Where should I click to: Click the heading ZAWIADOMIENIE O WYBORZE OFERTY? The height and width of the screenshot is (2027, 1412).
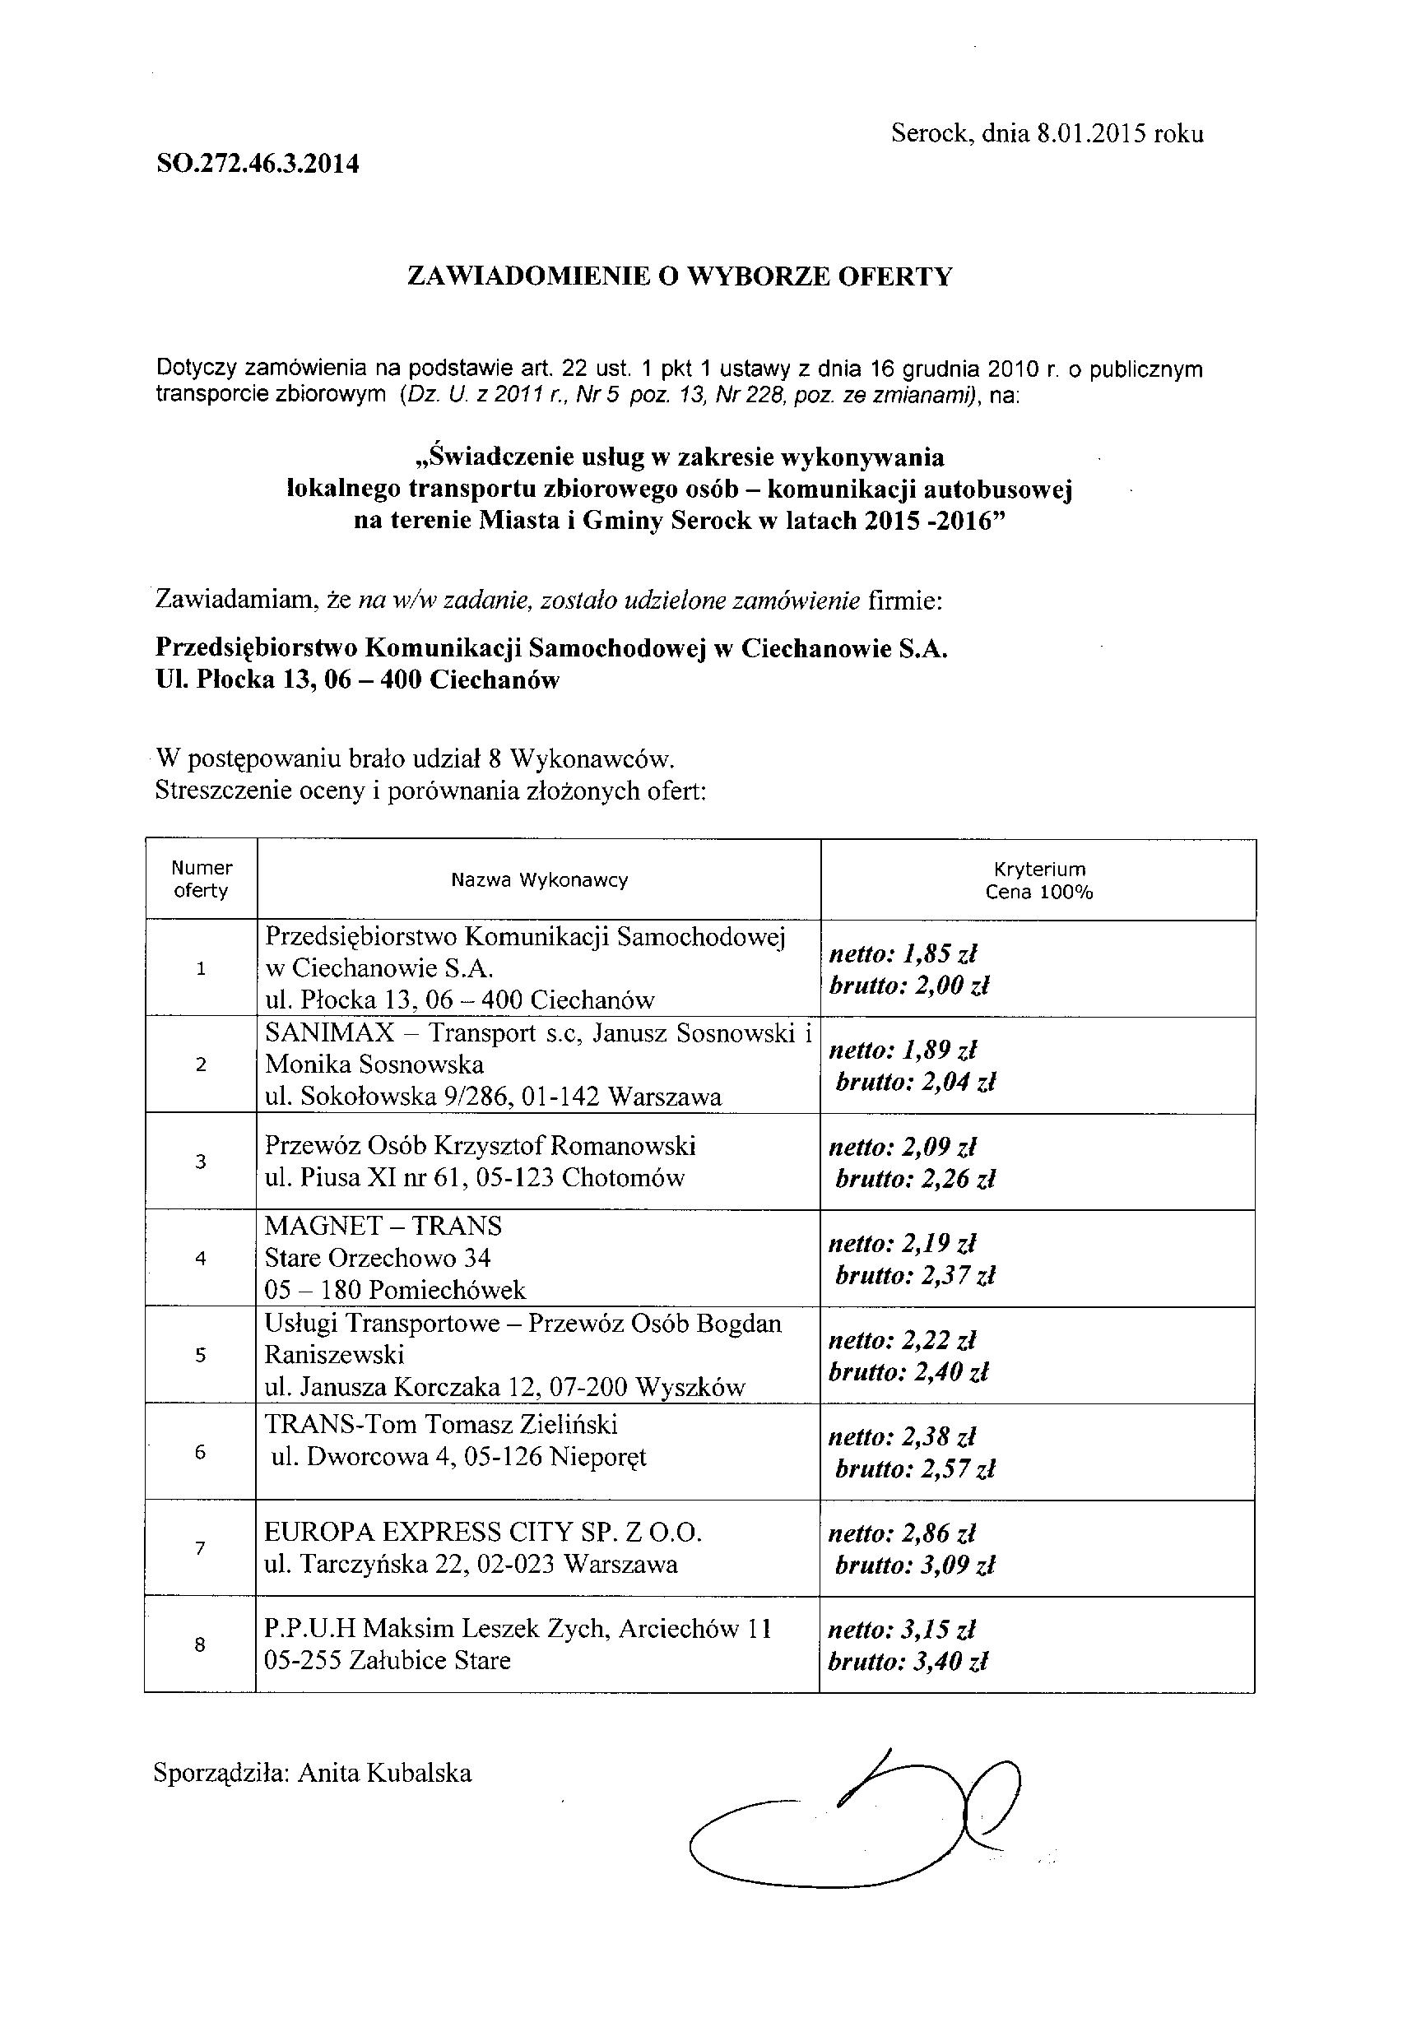(679, 276)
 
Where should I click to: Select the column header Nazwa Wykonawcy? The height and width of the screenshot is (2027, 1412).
(539, 879)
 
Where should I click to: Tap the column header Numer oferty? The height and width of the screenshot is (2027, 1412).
(202, 879)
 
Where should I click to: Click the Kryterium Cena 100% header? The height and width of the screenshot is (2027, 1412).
(1038, 880)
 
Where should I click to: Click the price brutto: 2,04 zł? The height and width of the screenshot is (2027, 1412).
(915, 1082)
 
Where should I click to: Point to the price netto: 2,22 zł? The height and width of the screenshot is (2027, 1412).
(902, 1340)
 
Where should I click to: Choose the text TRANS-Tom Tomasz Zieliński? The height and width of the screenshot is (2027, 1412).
(442, 1424)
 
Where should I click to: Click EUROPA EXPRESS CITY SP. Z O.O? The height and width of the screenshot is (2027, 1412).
(483, 1532)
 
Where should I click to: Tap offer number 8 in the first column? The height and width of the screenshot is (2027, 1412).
(200, 1644)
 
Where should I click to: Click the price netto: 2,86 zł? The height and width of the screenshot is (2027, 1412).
(902, 1533)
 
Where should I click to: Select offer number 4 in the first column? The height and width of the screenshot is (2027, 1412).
(201, 1258)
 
